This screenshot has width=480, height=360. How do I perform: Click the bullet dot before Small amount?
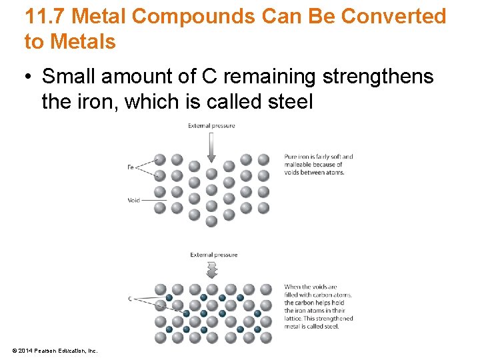(x=29, y=77)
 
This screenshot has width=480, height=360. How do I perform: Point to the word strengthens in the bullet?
(x=378, y=77)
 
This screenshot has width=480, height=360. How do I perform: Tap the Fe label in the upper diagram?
(x=131, y=167)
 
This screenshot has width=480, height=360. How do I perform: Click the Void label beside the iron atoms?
(x=133, y=200)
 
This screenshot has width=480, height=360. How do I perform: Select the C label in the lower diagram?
(x=131, y=299)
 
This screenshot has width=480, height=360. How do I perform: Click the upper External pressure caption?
(x=211, y=125)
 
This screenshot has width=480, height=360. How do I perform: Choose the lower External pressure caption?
(x=213, y=255)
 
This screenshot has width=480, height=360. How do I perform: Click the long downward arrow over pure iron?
(x=211, y=147)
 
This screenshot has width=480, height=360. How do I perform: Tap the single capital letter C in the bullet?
(x=209, y=77)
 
